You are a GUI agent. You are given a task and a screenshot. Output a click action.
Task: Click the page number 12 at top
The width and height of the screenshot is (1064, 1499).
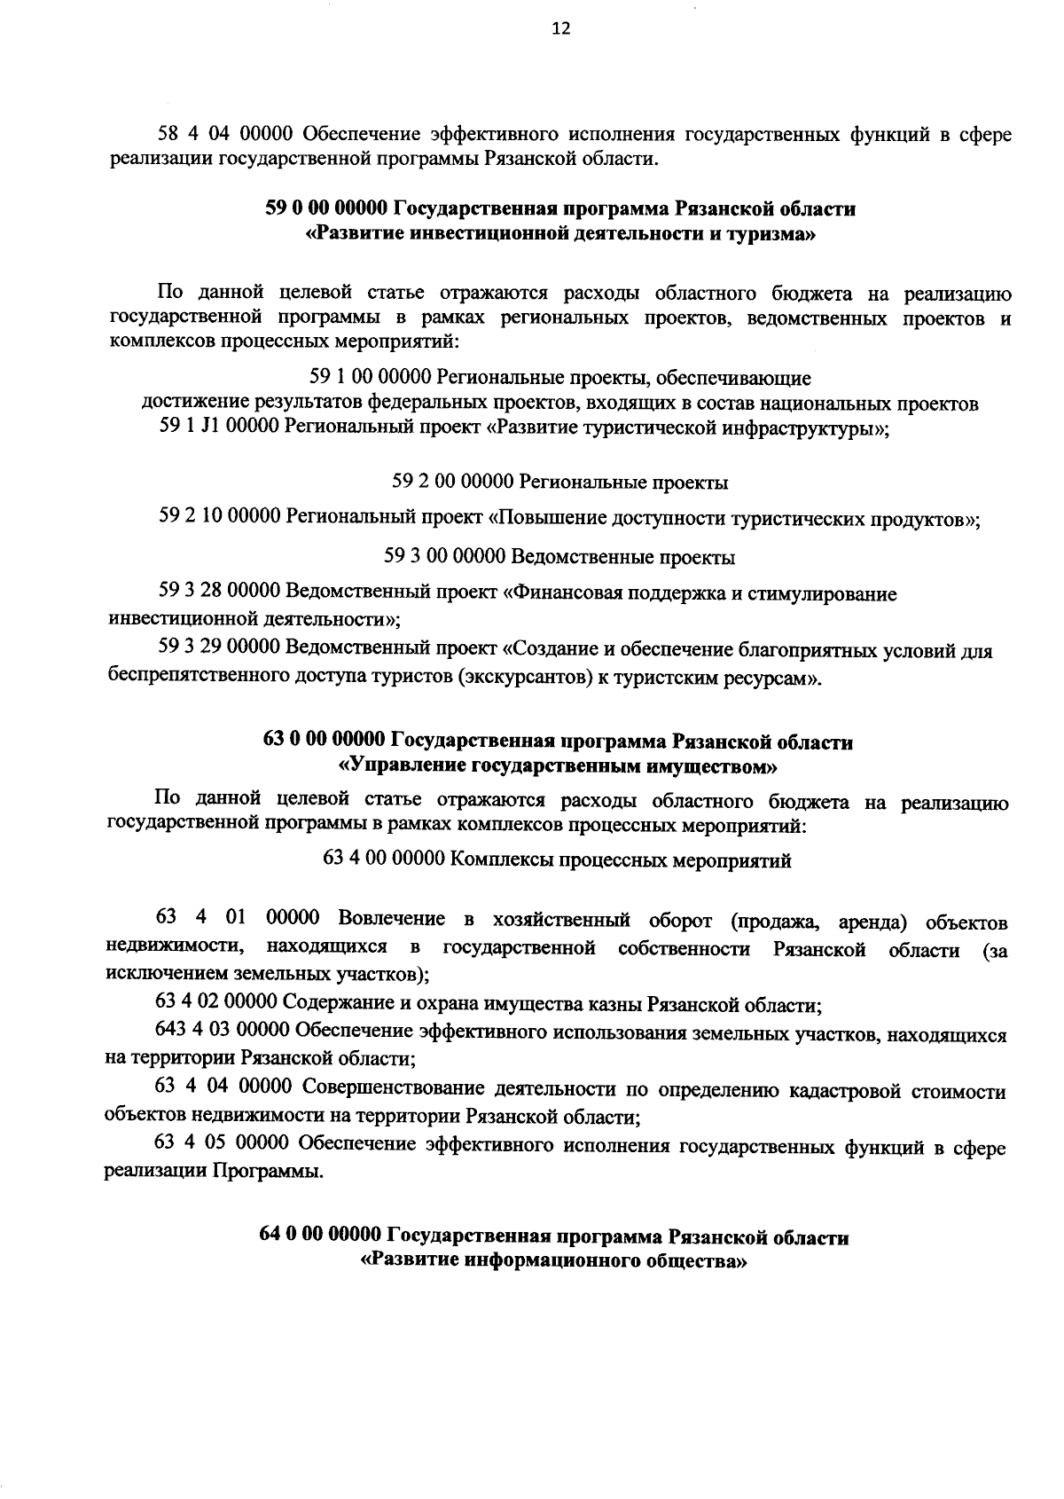click(x=560, y=28)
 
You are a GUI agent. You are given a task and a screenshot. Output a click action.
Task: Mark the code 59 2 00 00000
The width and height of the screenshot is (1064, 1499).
click(x=452, y=483)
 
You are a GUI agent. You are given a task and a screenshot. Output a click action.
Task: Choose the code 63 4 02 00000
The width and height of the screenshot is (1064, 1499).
click(x=216, y=1005)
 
